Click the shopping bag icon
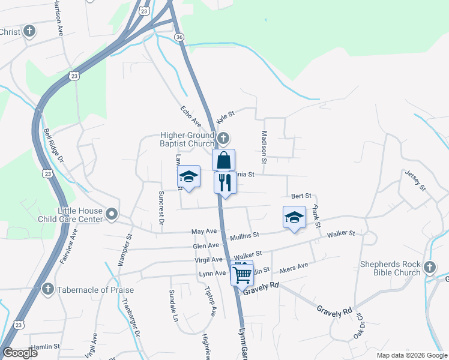[223, 160]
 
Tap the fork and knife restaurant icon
[225, 182]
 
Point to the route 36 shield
[179, 37]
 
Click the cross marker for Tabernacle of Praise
[49, 290]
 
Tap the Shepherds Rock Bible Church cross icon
[429, 267]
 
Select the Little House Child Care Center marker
[112, 214]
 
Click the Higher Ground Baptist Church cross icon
[223, 139]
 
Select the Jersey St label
[415, 181]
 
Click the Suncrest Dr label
[161, 208]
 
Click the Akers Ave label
[294, 267]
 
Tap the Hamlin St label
[46, 346]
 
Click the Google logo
[20, 353]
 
